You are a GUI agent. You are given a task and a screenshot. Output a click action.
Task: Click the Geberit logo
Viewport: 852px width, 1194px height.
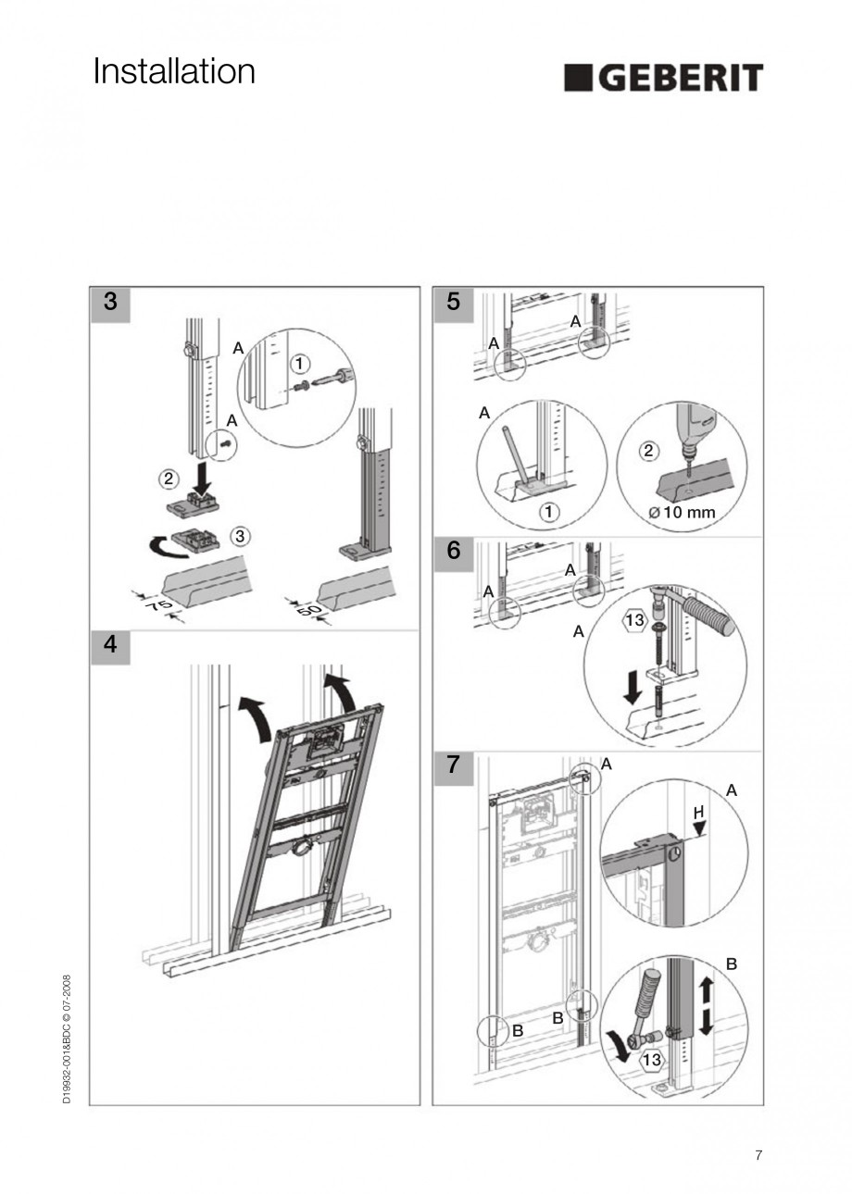point(663,78)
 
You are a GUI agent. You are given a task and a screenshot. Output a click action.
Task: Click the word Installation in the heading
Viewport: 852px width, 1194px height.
point(174,71)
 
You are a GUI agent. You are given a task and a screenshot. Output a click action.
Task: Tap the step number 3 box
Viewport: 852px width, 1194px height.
point(110,303)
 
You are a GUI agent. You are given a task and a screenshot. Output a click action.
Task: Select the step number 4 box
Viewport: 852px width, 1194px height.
point(110,646)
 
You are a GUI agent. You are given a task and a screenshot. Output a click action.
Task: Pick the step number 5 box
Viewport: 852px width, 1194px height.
point(453,303)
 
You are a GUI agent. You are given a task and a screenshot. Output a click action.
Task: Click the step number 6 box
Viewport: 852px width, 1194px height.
point(453,551)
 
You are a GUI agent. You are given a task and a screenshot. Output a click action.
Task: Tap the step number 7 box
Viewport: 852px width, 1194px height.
point(453,765)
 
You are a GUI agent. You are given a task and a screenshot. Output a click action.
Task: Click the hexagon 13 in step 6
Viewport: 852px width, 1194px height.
point(633,620)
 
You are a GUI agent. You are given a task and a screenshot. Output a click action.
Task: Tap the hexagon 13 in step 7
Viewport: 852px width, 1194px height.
point(651,1060)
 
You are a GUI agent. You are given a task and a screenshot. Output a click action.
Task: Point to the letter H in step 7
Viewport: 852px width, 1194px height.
point(699,812)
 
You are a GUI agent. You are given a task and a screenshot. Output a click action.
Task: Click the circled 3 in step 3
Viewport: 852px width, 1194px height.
point(239,535)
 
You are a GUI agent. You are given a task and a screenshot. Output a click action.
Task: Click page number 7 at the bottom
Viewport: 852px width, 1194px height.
point(758,1155)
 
